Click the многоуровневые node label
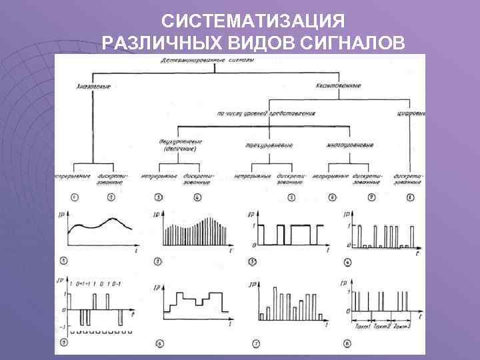[350, 144]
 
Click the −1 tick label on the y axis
[62, 326]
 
